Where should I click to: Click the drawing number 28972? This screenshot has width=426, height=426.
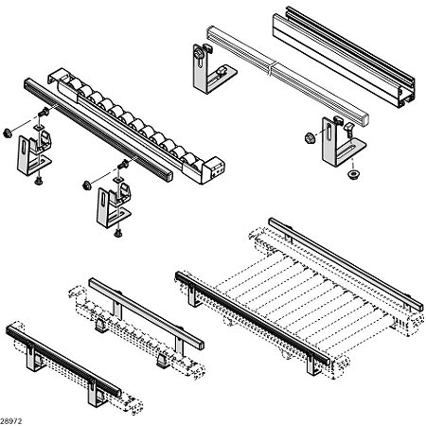tap(12, 417)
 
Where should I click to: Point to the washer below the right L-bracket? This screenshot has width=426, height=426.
tap(352, 175)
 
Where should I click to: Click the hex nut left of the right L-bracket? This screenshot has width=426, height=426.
tap(309, 139)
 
